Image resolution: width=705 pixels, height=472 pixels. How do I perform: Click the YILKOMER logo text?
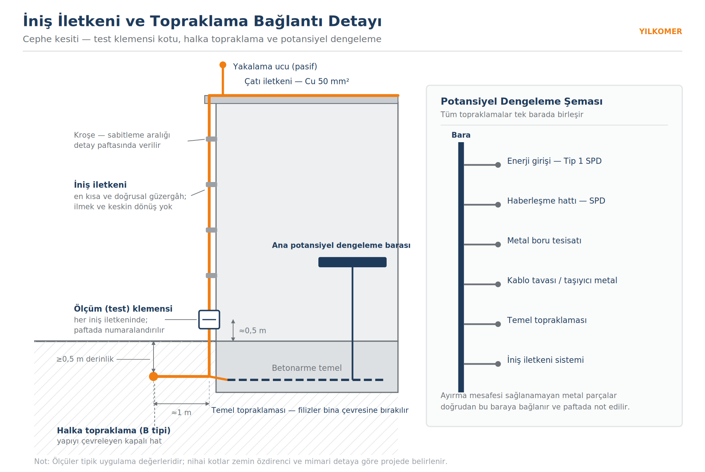pos(660,31)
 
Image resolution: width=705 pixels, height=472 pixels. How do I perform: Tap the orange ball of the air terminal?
pos(223,65)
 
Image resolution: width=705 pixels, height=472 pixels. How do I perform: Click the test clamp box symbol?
pos(209,320)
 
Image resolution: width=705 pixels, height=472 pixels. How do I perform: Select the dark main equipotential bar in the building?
pos(352,262)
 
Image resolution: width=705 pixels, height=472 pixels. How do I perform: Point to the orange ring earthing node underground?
pos(154,376)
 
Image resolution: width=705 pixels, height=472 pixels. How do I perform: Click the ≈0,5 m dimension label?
pos(253,331)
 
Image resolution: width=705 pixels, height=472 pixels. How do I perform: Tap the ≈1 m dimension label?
pos(181,413)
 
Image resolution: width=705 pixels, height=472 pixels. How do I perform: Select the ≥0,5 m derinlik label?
pos(85,359)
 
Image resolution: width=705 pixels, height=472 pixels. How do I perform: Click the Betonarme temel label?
pos(307,368)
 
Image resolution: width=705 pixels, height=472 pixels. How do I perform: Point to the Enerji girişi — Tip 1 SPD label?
pos(554,161)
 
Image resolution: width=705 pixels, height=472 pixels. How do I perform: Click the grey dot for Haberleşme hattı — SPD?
pos(498,205)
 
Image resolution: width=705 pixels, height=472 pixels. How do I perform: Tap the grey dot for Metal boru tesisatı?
pos(498,245)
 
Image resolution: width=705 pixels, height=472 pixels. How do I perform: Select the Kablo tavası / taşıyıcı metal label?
pos(562,280)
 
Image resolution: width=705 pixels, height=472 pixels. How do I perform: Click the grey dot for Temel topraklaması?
pos(498,324)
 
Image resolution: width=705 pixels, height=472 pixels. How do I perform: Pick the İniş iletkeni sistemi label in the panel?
pos(545,360)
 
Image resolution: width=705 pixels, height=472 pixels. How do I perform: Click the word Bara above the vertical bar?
pos(461,135)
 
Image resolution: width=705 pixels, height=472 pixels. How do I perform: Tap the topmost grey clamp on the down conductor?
pos(211,139)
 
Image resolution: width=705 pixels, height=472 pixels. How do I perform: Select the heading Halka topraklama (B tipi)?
pos(114,430)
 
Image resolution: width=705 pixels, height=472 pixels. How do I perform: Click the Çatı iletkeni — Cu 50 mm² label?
pos(297,81)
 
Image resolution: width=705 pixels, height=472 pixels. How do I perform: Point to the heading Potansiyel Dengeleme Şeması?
pos(522,101)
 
